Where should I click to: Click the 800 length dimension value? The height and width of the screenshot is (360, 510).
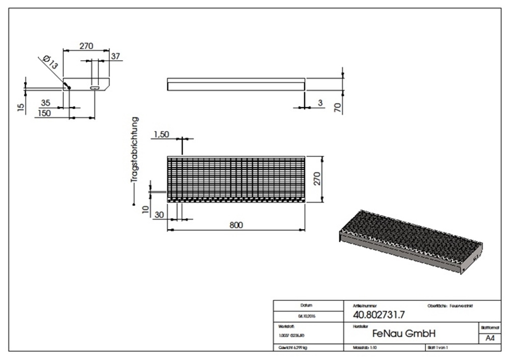click(236, 225)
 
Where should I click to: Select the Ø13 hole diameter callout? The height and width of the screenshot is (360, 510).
click(50, 63)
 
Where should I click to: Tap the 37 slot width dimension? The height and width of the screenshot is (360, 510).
click(115, 57)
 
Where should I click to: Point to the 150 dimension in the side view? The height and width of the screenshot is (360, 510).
click(44, 113)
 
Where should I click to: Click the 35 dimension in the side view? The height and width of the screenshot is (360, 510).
click(46, 103)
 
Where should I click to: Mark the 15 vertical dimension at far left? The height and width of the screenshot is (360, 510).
click(21, 107)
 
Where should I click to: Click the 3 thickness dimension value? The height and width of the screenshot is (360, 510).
click(320, 103)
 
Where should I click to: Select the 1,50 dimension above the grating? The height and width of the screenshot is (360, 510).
click(161, 134)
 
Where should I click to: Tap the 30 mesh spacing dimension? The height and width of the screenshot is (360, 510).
click(158, 215)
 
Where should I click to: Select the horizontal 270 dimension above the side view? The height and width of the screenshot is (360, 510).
click(86, 46)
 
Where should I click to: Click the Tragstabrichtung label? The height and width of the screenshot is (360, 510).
click(135, 150)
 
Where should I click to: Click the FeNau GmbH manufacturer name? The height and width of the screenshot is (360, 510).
click(404, 333)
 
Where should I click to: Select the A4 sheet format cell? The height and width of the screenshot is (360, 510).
click(490, 338)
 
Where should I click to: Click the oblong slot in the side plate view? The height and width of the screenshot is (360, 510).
click(95, 87)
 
